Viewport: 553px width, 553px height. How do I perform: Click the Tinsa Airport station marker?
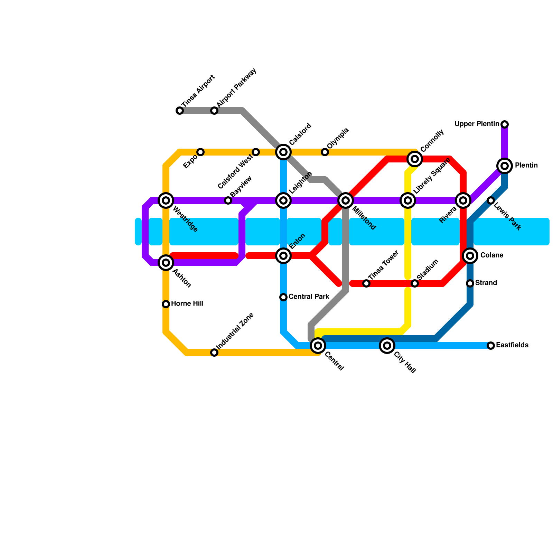click(x=180, y=111)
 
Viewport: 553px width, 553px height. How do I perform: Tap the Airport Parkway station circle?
click(x=214, y=111)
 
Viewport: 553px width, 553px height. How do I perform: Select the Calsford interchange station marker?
click(x=283, y=152)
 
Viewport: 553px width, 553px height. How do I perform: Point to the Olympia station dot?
click(x=325, y=152)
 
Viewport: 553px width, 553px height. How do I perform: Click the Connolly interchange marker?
click(x=415, y=159)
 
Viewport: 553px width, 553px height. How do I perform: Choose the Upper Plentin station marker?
click(x=505, y=124)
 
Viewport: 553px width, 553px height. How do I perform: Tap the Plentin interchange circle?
click(x=505, y=166)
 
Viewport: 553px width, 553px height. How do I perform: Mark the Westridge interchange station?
click(x=166, y=200)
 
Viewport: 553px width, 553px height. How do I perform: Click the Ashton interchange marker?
click(x=166, y=263)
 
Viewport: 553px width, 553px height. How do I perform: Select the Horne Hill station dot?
click(x=166, y=304)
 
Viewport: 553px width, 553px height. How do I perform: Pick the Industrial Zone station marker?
click(x=214, y=353)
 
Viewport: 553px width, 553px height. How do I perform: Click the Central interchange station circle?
click(x=318, y=345)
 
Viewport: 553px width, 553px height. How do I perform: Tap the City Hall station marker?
click(x=387, y=345)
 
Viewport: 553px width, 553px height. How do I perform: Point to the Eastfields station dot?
click(x=491, y=346)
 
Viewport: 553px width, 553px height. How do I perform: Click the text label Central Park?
click(x=309, y=297)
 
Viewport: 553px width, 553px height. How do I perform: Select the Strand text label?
click(x=486, y=283)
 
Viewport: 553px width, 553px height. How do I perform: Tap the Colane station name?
click(x=491, y=255)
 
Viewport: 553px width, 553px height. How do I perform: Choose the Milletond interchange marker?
click(x=346, y=200)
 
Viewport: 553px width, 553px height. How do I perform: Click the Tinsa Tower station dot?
click(x=366, y=283)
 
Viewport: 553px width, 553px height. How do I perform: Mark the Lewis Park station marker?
click(x=491, y=200)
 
